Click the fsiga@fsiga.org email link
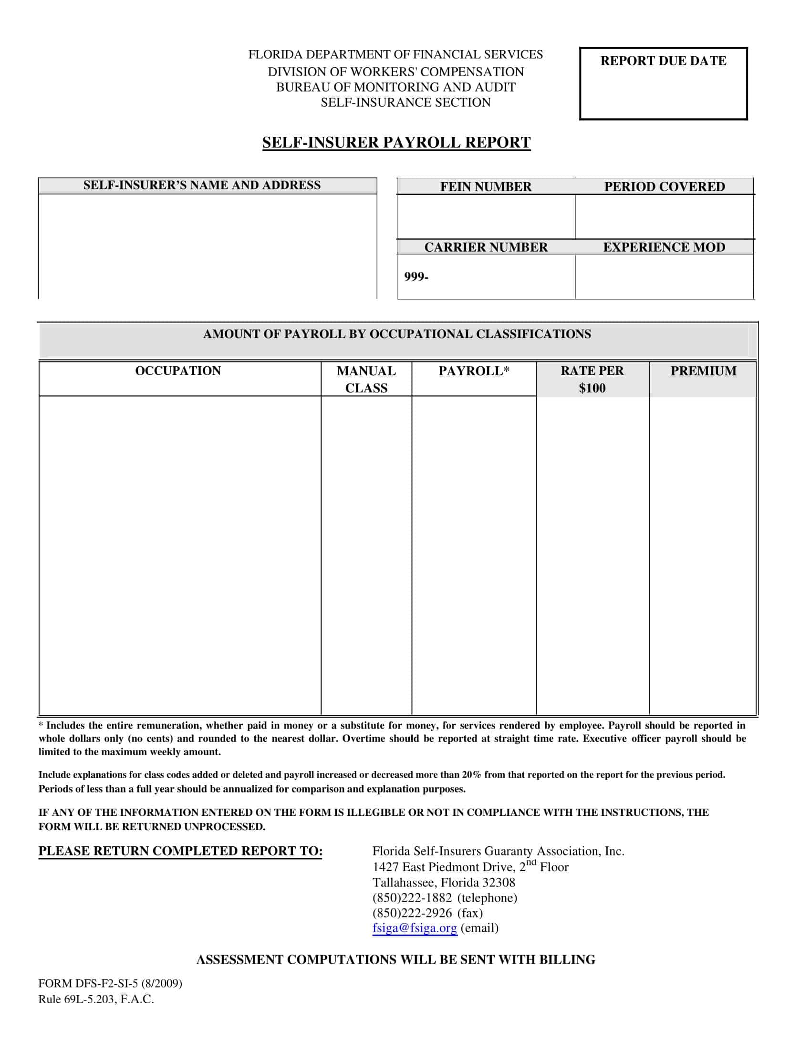415,928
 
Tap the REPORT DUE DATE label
663,61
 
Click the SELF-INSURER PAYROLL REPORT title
396,143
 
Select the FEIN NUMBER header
486,187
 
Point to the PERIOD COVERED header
665,187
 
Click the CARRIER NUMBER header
486,247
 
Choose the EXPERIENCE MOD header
664,247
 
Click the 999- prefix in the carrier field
416,277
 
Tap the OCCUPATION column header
178,371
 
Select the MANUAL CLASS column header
366,380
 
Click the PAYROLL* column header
474,371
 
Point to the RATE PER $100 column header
592,380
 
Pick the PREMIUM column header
703,371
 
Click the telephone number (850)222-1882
412,898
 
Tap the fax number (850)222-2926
412,913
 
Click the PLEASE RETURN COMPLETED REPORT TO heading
180,851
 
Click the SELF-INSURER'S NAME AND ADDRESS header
202,185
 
